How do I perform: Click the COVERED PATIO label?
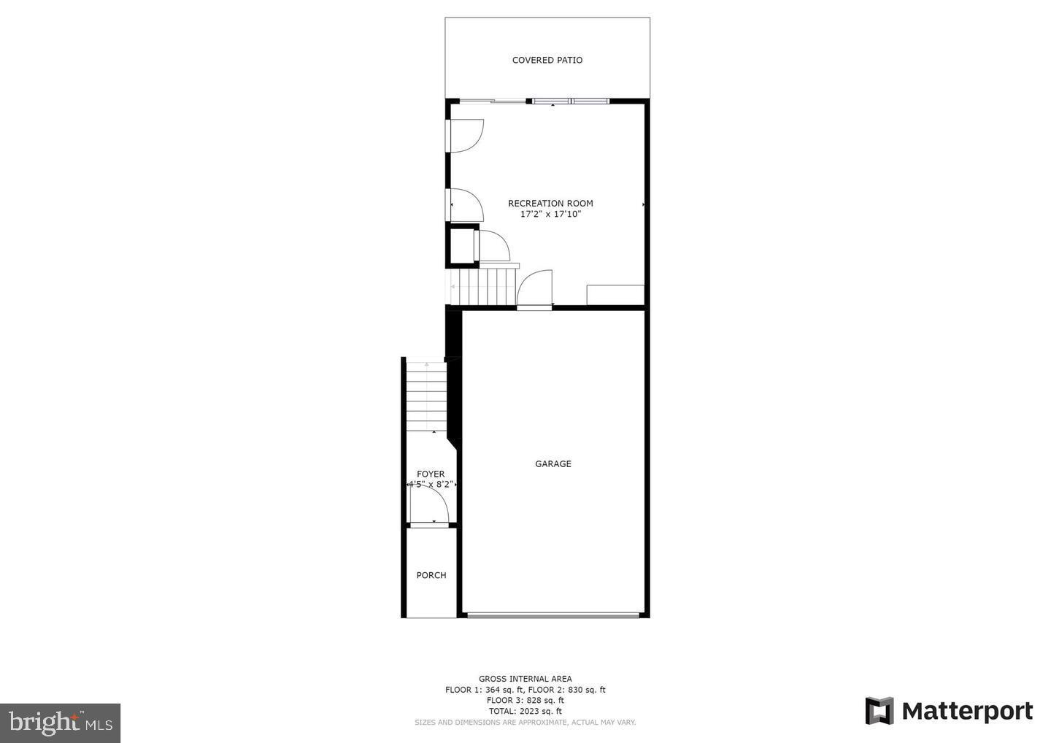547,61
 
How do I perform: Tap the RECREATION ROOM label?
550,204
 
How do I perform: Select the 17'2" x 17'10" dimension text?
550,215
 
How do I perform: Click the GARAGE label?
553,464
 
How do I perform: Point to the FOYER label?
431,474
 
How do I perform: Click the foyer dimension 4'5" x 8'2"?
431,484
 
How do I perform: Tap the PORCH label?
431,575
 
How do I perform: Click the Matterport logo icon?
879,711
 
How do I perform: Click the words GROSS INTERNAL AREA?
525,679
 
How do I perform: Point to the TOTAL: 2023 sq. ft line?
525,711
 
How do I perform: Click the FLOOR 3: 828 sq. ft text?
525,700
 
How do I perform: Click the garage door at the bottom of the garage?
553,616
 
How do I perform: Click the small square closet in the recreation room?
461,247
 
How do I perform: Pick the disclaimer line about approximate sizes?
525,723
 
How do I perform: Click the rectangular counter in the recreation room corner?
615,295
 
